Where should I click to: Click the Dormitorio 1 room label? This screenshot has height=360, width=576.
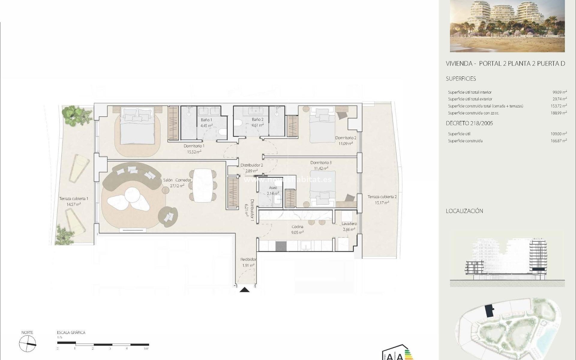click(x=194, y=146)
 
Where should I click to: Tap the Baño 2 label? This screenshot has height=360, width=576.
click(x=258, y=120)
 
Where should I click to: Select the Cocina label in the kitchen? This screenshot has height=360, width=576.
click(x=297, y=227)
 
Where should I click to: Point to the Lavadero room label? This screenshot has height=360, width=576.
click(x=349, y=224)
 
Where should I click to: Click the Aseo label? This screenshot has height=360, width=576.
click(x=273, y=188)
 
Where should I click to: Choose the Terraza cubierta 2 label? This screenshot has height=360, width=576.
click(x=382, y=197)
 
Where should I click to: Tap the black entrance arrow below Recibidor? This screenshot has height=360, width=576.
click(x=245, y=289)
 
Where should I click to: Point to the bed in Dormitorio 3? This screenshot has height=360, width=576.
click(x=322, y=188)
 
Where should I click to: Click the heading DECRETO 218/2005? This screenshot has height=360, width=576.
click(x=469, y=123)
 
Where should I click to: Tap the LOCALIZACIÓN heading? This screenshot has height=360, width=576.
click(x=464, y=211)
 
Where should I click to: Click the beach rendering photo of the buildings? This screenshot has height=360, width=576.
click(x=507, y=26)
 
